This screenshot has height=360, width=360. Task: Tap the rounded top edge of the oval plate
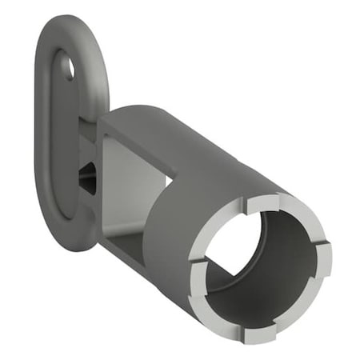(x=72, y=24)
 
